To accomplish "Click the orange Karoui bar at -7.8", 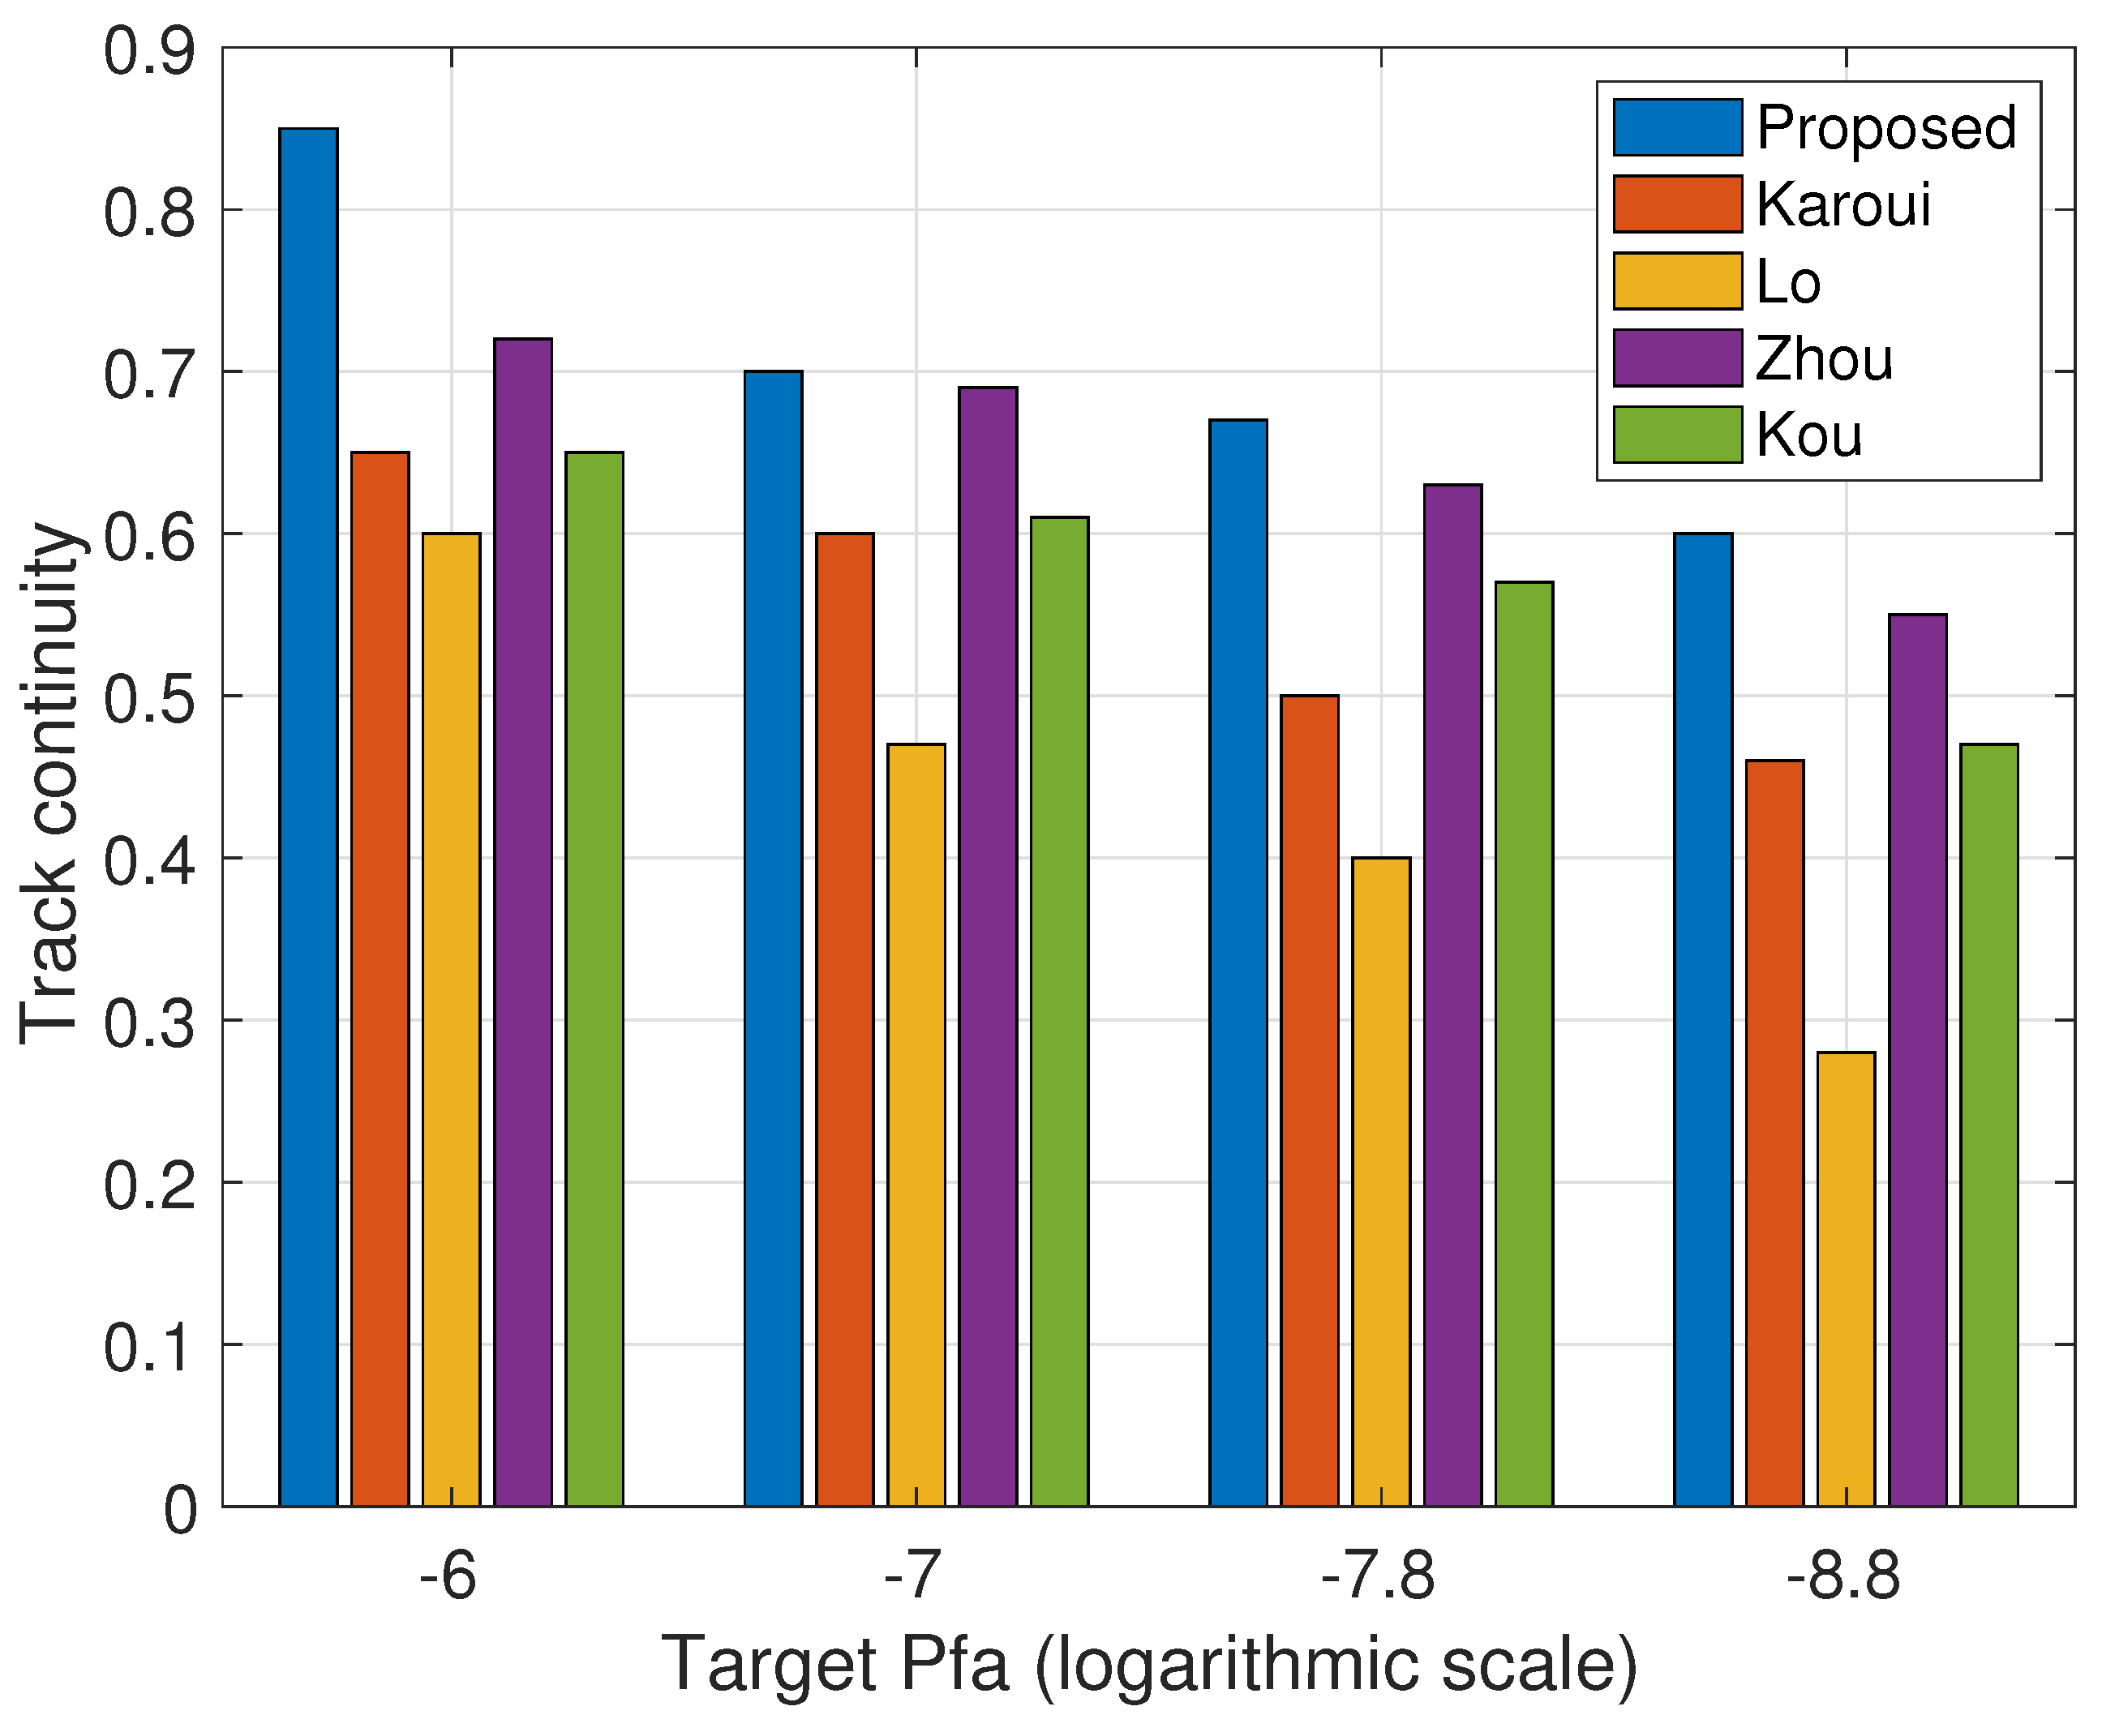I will [x=1310, y=1100].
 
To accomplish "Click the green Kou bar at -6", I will [x=594, y=979].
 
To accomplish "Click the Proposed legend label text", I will [x=1885, y=127].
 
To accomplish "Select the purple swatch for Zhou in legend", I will [x=1677, y=358].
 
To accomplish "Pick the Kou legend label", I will [x=1808, y=435].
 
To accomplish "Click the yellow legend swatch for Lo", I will [x=1677, y=281].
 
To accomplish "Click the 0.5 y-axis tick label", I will [x=149, y=697].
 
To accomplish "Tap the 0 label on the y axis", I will [x=181, y=1511].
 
